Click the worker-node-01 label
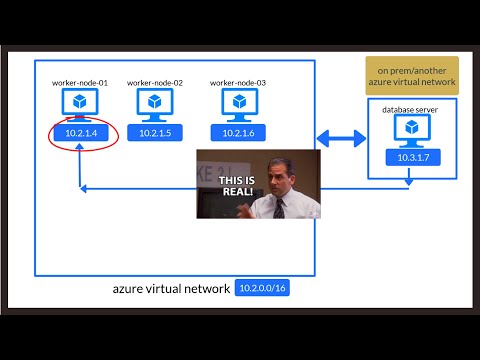80,83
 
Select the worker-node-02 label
155,83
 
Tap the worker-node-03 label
237,83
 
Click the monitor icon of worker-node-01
79,103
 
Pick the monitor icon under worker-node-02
154,103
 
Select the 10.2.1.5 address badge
154,133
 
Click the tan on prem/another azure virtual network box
411,75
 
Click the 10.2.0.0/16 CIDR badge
262,289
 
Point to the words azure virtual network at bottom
172,289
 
